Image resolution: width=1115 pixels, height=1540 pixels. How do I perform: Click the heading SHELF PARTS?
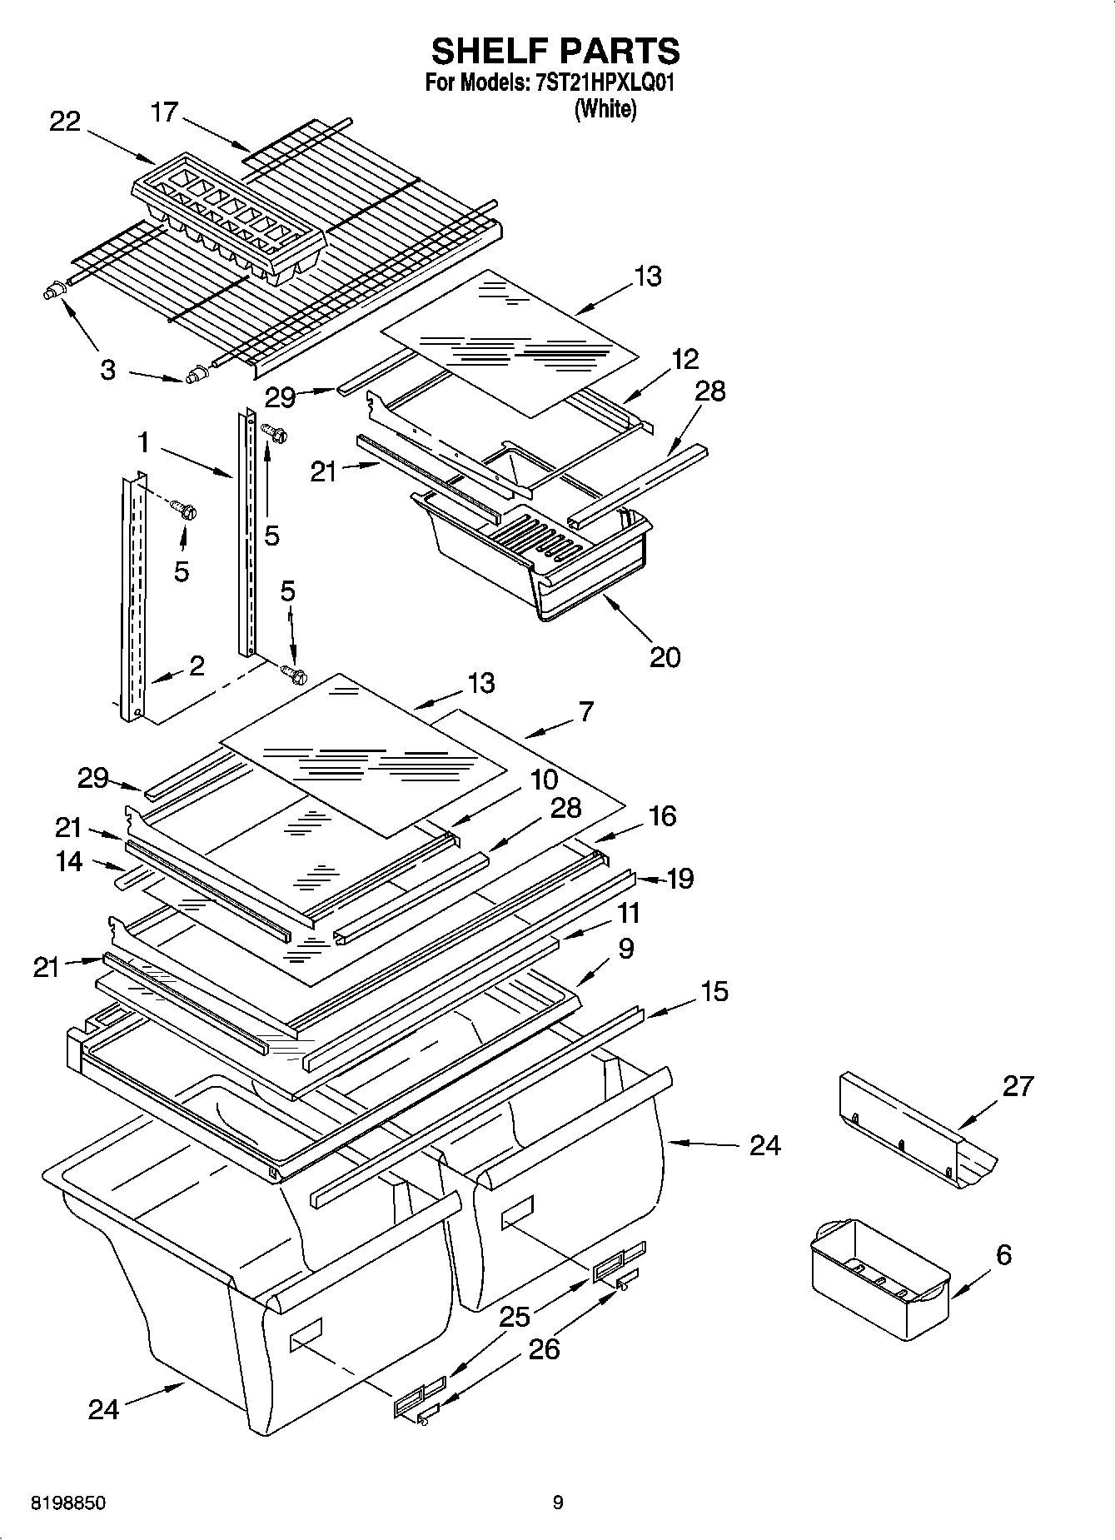[x=555, y=52]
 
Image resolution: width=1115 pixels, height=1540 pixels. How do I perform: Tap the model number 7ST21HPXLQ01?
[x=602, y=83]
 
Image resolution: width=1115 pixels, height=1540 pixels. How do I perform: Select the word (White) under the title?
[x=605, y=109]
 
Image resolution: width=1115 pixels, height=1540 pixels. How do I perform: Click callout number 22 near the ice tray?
[x=65, y=122]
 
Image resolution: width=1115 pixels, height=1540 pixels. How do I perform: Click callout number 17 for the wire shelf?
[x=164, y=111]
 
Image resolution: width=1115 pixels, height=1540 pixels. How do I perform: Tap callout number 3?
[x=107, y=370]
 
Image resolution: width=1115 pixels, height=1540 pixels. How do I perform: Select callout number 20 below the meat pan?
[x=665, y=657]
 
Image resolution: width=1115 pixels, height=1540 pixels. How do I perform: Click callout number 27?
[x=1018, y=1085]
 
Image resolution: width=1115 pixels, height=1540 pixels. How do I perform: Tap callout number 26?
[x=544, y=1348]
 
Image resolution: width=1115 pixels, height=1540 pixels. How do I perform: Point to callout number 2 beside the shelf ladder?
[x=197, y=665]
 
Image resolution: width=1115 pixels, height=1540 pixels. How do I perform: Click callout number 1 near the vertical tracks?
[x=143, y=442]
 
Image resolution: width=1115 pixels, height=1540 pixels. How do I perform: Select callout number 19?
[x=680, y=878]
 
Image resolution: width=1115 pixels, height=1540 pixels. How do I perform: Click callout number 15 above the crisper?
[x=714, y=991]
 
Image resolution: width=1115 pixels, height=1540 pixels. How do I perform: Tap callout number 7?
[x=586, y=711]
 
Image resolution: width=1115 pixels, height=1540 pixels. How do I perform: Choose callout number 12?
[x=684, y=359]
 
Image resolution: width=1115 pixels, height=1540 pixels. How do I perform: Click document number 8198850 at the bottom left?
[x=67, y=1503]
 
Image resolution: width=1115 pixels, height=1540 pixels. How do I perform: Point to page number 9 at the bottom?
[x=557, y=1503]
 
